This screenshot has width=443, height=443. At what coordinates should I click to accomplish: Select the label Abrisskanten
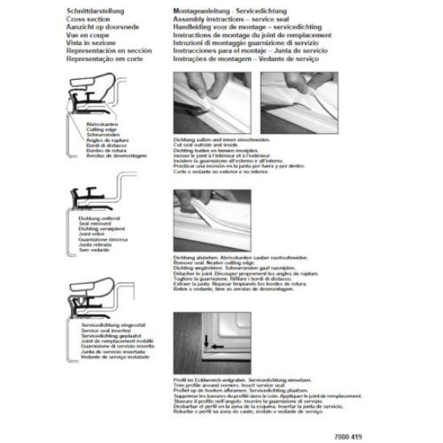pyautogui.click(x=97, y=124)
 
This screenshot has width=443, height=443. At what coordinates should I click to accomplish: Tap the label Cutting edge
pyautogui.click(x=97, y=129)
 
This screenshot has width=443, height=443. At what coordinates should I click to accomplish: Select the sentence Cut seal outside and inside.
pyautogui.click(x=210, y=143)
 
